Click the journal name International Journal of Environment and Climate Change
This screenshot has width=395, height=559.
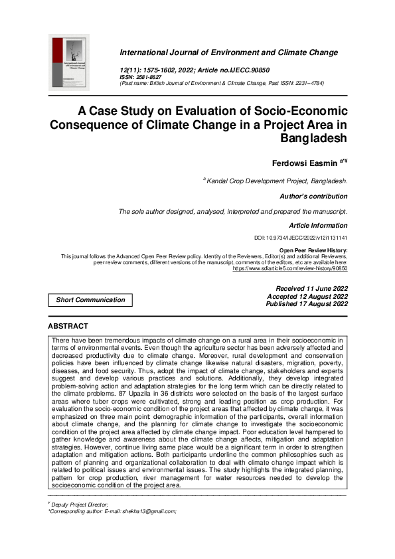click(228, 52)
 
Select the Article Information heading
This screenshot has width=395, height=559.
click(318, 226)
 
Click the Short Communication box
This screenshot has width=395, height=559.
click(90, 300)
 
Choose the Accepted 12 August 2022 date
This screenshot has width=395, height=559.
click(307, 296)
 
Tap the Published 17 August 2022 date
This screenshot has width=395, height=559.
click(306, 304)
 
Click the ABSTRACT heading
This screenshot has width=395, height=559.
click(68, 327)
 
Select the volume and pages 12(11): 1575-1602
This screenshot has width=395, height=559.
click(157, 70)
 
